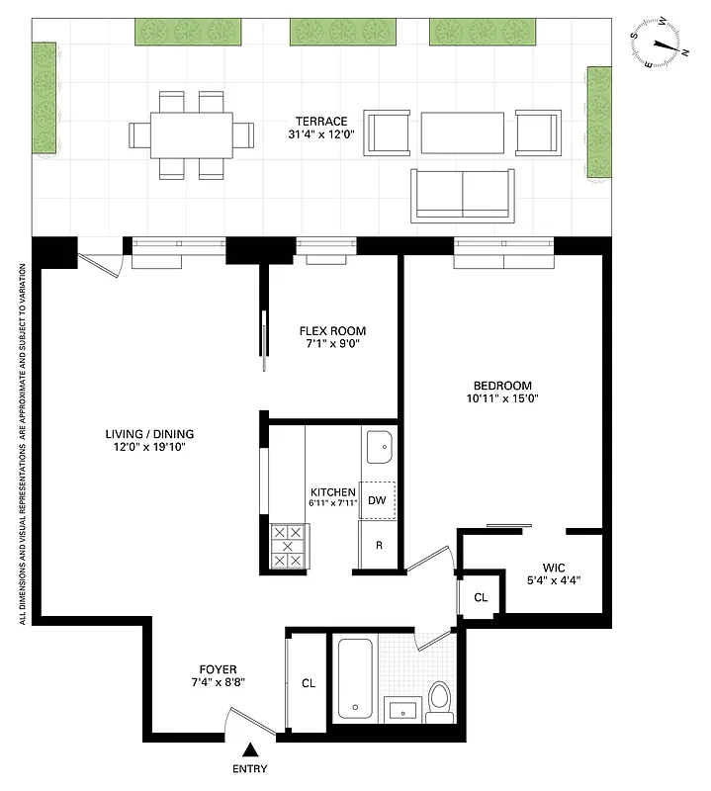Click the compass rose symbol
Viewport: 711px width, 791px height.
[662, 46]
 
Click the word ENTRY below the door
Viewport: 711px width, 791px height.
[251, 769]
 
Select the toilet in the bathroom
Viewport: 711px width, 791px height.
[441, 698]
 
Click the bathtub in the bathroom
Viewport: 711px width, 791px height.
[355, 680]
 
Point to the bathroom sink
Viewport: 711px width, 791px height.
[400, 709]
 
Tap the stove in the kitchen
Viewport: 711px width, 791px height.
[289, 546]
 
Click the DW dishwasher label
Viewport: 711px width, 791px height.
[377, 500]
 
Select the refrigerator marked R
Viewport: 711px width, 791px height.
[377, 545]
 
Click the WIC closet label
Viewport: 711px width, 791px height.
[553, 568]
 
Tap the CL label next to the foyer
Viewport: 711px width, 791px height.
[308, 683]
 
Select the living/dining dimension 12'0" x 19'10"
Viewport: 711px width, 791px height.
[150, 447]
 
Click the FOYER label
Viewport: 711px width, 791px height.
[216, 669]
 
